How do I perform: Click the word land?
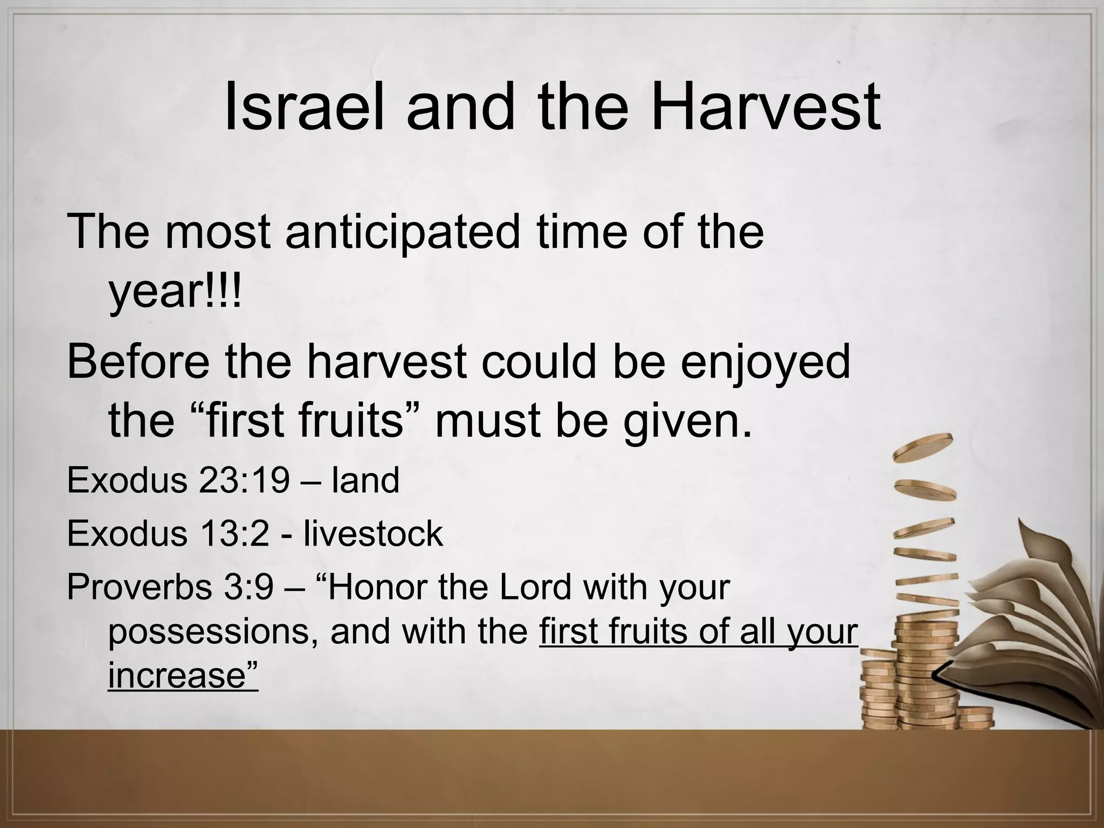click(365, 480)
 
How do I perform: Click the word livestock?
click(373, 534)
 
